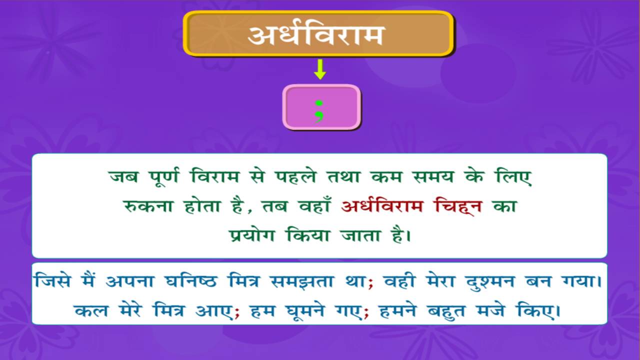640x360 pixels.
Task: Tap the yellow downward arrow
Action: coord(320,69)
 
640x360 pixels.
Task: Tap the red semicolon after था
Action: coord(370,283)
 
